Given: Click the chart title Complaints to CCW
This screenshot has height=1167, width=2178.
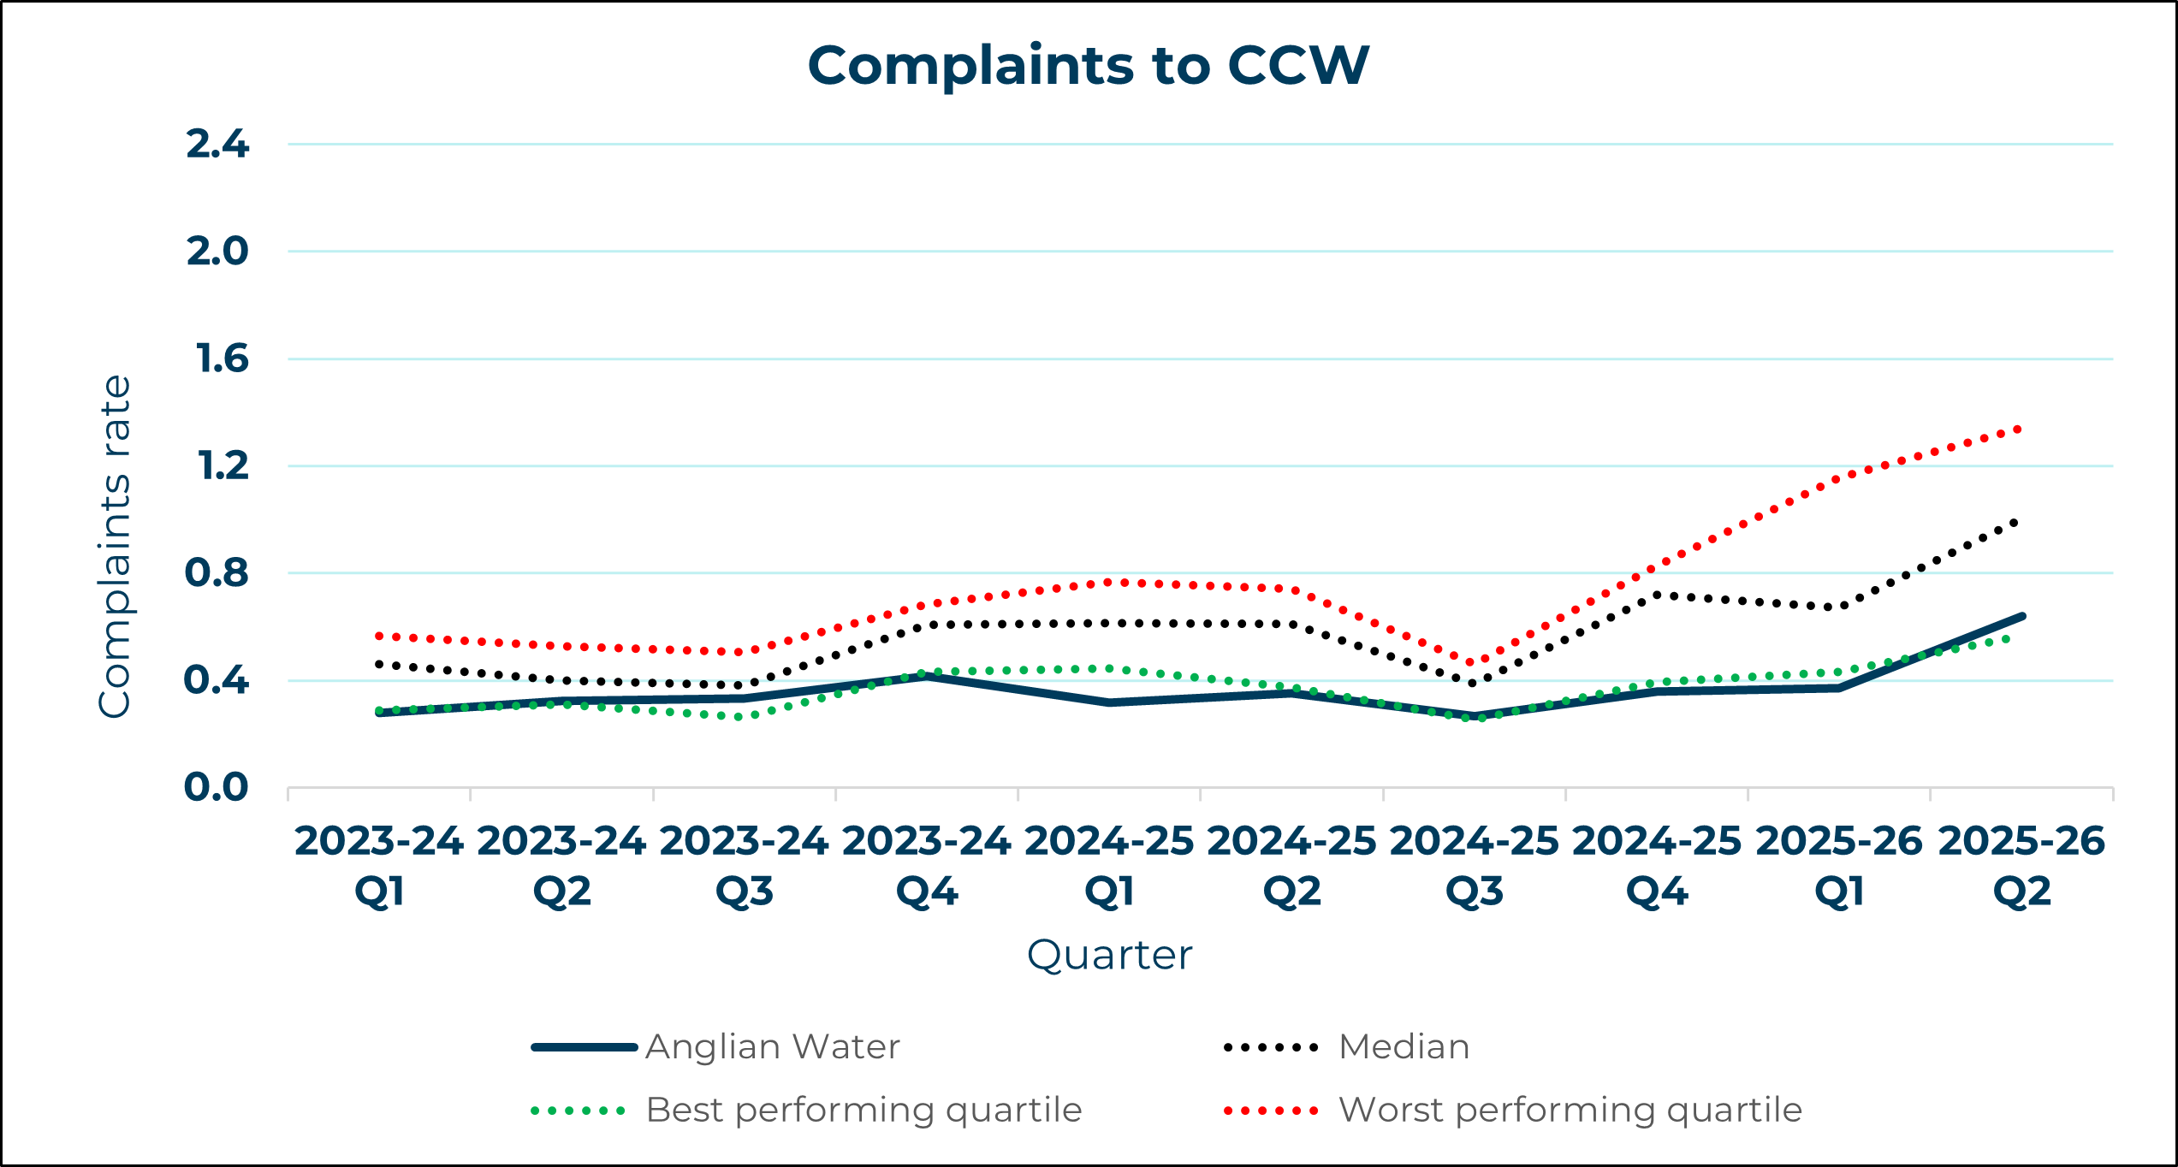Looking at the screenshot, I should [x=1088, y=66].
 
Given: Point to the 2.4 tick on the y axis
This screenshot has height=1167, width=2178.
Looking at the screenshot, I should [x=217, y=144].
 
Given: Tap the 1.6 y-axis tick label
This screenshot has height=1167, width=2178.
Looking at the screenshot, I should [x=222, y=358].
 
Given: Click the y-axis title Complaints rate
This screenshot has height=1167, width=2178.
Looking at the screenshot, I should [x=115, y=548].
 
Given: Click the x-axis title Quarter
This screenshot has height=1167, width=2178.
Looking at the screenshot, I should [x=1109, y=956].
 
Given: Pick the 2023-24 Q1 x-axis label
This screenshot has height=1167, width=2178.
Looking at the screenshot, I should [x=379, y=866].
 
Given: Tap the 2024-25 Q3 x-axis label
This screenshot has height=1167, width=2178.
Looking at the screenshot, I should [x=1474, y=866].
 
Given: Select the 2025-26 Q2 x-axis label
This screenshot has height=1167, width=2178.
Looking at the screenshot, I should [x=2021, y=866].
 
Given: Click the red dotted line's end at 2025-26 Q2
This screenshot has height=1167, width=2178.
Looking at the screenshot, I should [x=2020, y=429].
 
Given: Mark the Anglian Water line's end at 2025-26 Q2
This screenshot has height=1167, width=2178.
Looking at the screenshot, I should [x=2021, y=616].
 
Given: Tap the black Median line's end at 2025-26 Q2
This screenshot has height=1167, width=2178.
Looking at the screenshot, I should [x=2016, y=523].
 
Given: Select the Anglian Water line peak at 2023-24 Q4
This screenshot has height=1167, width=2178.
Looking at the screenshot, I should [x=927, y=676].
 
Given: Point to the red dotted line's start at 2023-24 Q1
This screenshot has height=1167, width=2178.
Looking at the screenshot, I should [x=379, y=637].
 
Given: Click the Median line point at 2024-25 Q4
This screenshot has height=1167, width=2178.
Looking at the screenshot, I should [x=1657, y=595].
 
